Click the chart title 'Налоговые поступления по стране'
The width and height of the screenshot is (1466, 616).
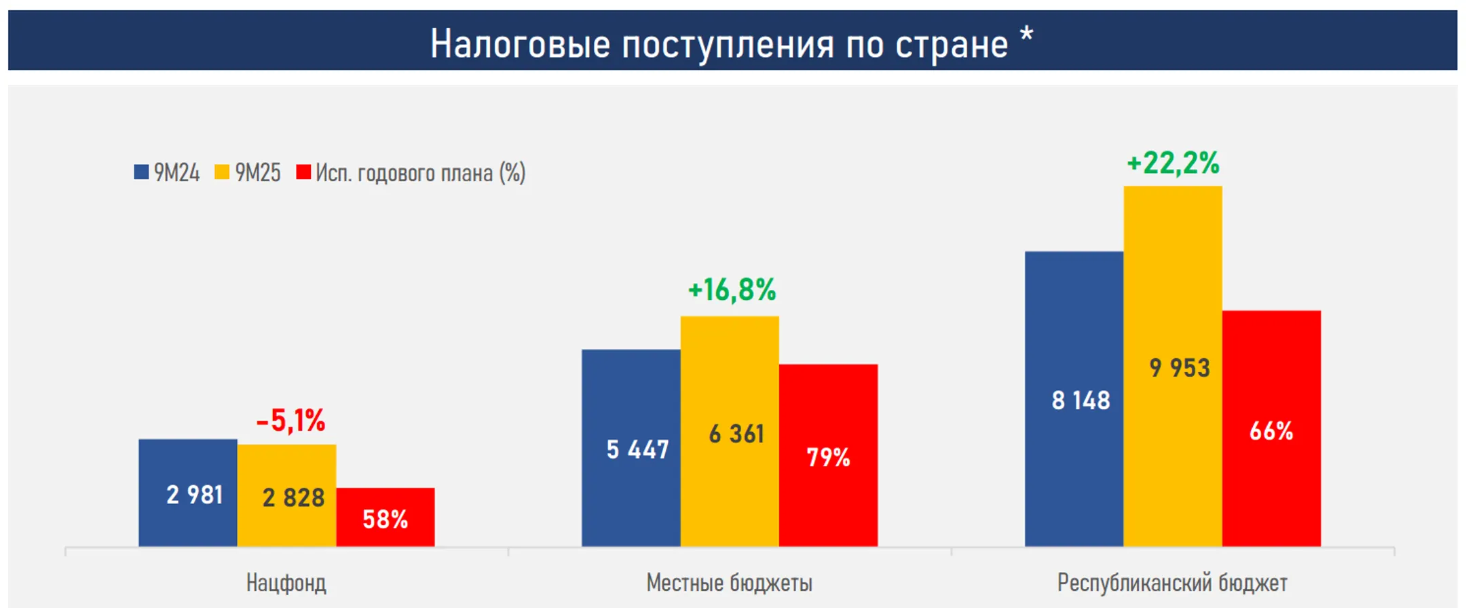[x=719, y=44]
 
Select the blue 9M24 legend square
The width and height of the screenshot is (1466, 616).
[x=141, y=172]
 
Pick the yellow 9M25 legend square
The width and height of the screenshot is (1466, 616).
[x=222, y=172]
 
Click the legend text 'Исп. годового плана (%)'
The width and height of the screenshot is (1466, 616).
[x=421, y=173]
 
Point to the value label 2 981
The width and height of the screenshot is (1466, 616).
[x=195, y=495]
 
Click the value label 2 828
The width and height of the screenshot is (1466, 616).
[x=293, y=498]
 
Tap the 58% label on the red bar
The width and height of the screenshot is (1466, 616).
[x=385, y=520]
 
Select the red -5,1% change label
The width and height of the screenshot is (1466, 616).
[x=290, y=421]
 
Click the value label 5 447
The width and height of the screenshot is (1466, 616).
[x=637, y=449]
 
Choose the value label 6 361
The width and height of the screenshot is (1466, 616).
[x=736, y=434]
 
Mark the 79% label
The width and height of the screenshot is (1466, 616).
[x=828, y=457]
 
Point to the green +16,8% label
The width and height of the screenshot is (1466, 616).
[x=732, y=290]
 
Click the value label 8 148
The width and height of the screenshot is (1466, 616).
[x=1080, y=400]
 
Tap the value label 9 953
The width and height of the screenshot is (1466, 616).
[x=1180, y=368]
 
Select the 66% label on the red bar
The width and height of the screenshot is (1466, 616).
[x=1271, y=431]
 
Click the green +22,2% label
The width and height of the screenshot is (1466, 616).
[x=1173, y=163]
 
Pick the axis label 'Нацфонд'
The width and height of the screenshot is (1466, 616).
[x=286, y=583]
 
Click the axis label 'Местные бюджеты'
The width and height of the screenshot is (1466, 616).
[x=729, y=583]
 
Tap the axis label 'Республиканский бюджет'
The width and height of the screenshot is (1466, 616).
[x=1172, y=583]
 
